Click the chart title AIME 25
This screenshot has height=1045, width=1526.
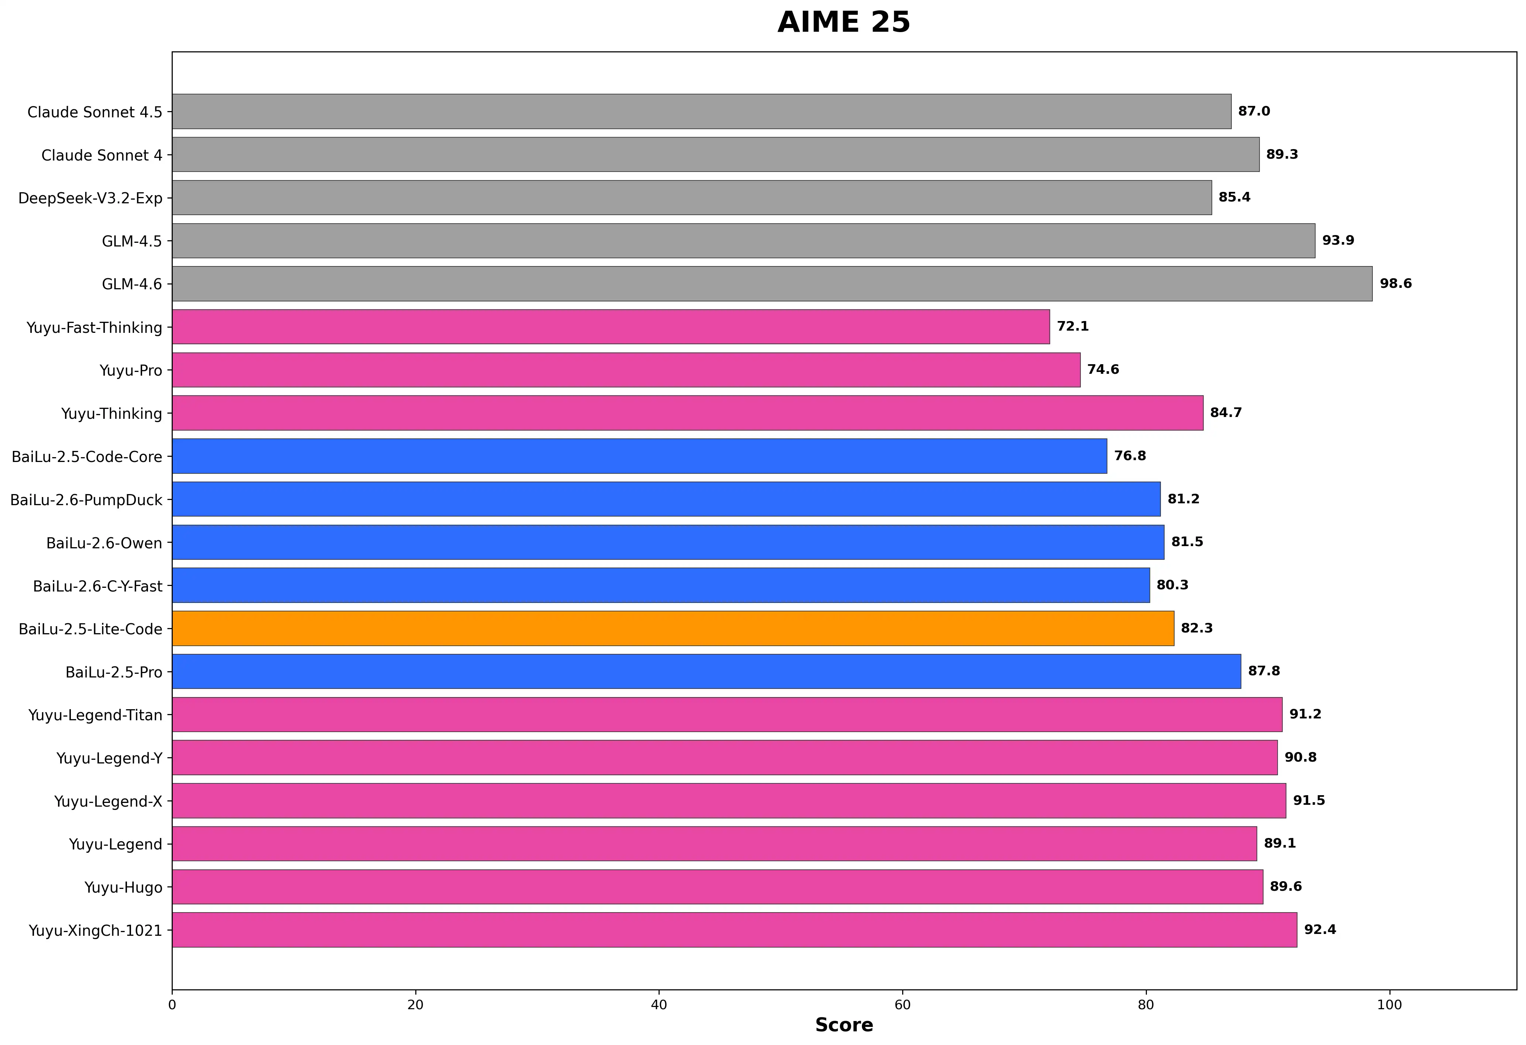844,22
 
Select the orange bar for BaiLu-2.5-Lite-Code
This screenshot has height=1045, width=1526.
673,628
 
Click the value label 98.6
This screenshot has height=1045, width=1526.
1395,283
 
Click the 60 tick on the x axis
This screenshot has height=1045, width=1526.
902,1005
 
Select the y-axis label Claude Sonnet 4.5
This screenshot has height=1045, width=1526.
94,112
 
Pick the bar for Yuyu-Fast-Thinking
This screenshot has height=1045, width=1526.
611,327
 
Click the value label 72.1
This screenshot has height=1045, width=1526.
1072,326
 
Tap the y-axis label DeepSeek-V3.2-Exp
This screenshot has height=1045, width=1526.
90,198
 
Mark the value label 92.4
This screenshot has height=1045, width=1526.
1320,930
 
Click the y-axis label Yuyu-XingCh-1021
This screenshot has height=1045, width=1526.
95,931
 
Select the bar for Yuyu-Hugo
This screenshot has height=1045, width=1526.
717,887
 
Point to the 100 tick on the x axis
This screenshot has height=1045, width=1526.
1389,1005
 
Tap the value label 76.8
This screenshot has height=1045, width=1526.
1130,456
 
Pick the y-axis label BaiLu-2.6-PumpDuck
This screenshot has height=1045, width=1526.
86,500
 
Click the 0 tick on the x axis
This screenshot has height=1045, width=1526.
172,1005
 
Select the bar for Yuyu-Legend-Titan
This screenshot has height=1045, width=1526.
727,714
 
